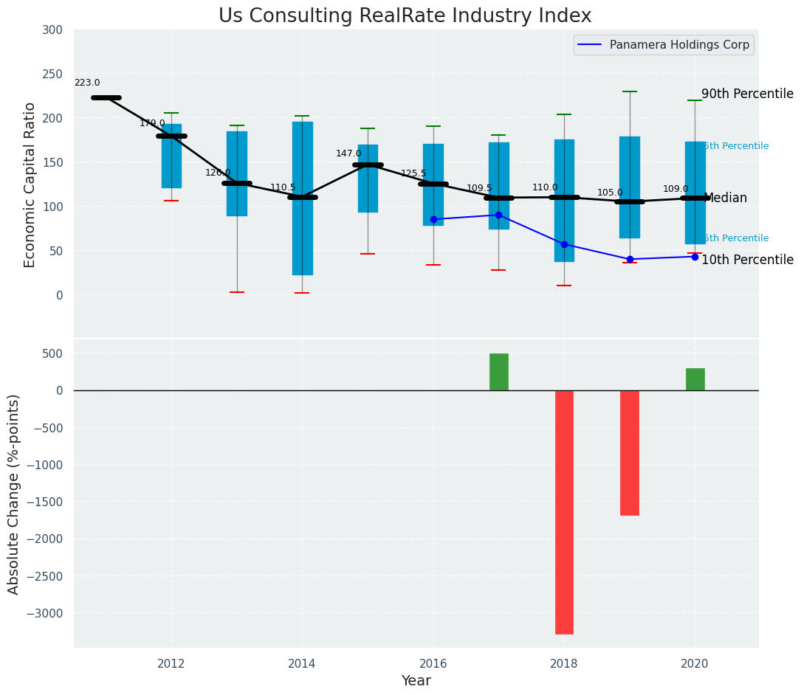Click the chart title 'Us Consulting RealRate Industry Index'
[405, 16]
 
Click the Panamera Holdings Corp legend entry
[664, 45]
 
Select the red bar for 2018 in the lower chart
[564, 512]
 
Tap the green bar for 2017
[499, 372]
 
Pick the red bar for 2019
[630, 452]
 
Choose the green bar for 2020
[695, 379]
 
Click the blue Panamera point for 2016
[433, 219]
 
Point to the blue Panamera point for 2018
[564, 244]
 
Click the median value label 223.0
[87, 83]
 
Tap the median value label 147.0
[348, 153]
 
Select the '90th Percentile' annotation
[747, 94]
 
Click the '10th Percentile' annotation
[747, 260]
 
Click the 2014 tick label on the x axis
[302, 664]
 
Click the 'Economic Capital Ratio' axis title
[30, 184]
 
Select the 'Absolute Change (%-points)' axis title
[14, 494]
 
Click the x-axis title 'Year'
[416, 681]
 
